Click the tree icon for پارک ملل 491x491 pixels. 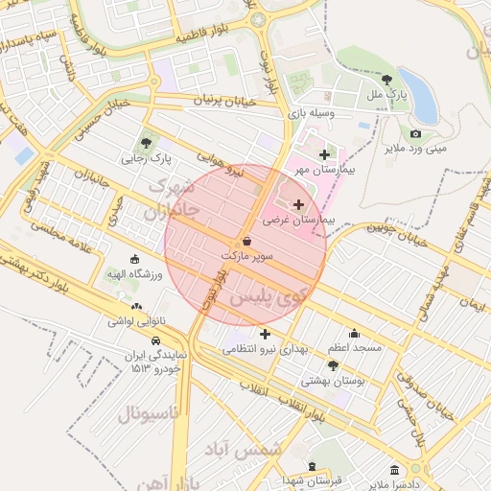386,80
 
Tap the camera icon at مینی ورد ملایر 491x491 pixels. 415,133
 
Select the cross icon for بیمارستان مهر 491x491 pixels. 323,154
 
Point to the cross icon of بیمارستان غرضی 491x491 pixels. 297,204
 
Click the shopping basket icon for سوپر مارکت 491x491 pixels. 247,242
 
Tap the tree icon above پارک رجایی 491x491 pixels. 146,142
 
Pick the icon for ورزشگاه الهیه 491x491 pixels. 134,259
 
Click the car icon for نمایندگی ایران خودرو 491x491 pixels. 154,339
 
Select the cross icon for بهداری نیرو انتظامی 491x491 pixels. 265,334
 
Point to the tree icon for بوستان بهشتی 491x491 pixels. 333,365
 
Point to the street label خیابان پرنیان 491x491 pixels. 227,100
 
